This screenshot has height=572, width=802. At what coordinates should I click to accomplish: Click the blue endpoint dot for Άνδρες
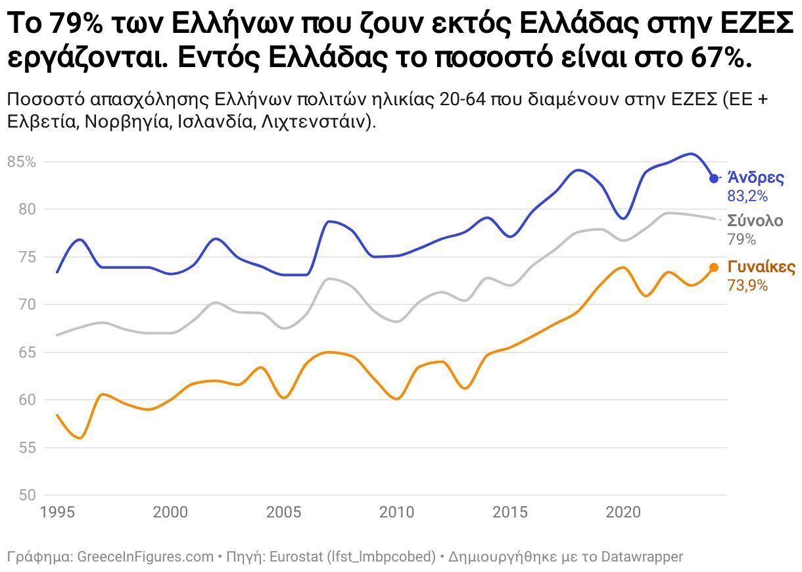[714, 179]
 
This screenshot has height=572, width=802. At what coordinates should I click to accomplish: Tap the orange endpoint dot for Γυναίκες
[714, 268]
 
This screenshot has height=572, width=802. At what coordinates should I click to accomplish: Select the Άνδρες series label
[755, 178]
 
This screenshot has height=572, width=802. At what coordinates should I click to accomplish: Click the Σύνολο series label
[755, 220]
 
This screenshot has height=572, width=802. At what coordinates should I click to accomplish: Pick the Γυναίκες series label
[761, 268]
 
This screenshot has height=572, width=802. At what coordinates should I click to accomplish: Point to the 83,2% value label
[747, 196]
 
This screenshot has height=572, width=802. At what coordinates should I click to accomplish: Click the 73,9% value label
[747, 285]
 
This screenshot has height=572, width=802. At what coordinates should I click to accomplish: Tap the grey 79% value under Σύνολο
[742, 239]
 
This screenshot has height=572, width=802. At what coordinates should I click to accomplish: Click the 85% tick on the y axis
[21, 162]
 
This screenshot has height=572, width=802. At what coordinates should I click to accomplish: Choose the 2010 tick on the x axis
[396, 512]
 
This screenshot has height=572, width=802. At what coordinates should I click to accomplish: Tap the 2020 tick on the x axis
[623, 512]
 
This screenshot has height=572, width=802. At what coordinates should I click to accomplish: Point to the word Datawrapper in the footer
[640, 557]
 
